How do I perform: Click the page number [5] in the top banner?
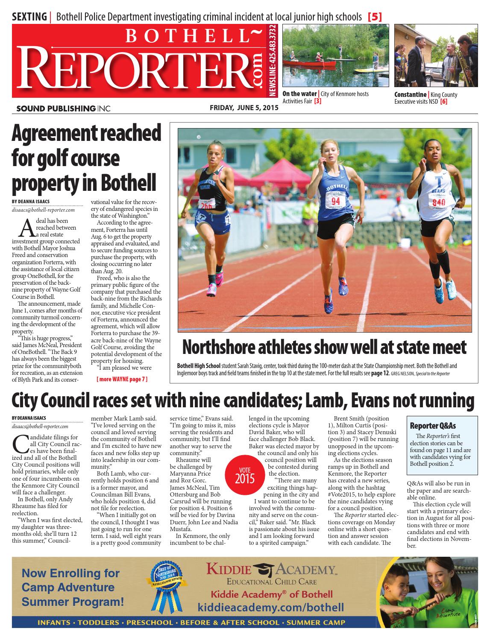point(375,17)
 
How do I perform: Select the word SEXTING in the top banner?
point(29,17)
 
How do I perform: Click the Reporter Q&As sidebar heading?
point(433,426)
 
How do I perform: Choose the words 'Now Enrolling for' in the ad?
point(70,573)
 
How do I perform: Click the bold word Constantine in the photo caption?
point(410,95)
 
